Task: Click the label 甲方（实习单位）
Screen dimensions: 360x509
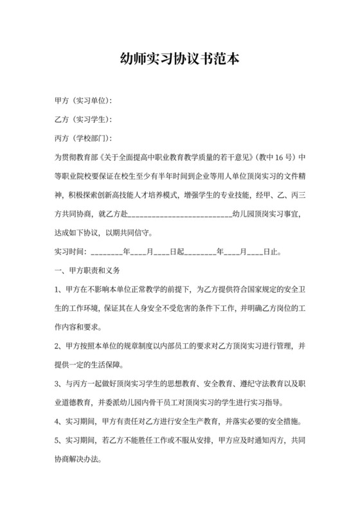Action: (83, 101)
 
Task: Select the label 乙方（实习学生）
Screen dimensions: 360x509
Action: (83, 120)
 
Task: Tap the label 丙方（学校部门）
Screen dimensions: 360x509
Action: (83, 138)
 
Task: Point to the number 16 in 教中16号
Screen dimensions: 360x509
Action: (273, 157)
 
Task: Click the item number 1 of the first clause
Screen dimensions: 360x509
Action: (57, 289)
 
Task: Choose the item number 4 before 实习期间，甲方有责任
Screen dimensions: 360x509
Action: (57, 423)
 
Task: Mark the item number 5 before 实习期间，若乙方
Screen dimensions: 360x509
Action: (57, 442)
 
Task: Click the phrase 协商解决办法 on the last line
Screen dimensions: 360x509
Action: (78, 461)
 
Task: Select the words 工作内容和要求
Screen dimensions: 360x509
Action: (81, 326)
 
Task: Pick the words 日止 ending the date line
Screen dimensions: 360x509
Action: (272, 252)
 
